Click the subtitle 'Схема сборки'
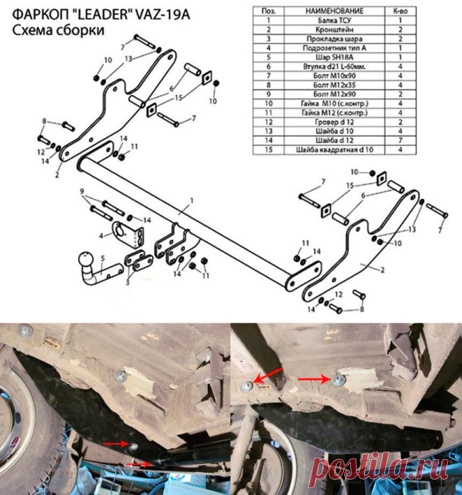click(58, 31)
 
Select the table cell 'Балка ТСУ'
click(334, 20)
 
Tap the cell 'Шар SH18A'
click(334, 57)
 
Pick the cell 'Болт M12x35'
click(334, 85)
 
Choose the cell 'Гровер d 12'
click(334, 122)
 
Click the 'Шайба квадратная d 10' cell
click(334, 150)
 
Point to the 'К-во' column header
click(400, 11)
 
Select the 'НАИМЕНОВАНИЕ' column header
click(334, 11)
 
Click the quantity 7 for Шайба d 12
click(400, 140)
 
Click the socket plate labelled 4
click(127, 235)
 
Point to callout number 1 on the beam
click(192, 200)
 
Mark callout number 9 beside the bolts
click(82, 191)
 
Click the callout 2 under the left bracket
click(57, 174)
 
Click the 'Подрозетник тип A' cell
click(334, 48)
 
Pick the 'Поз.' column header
click(269, 11)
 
